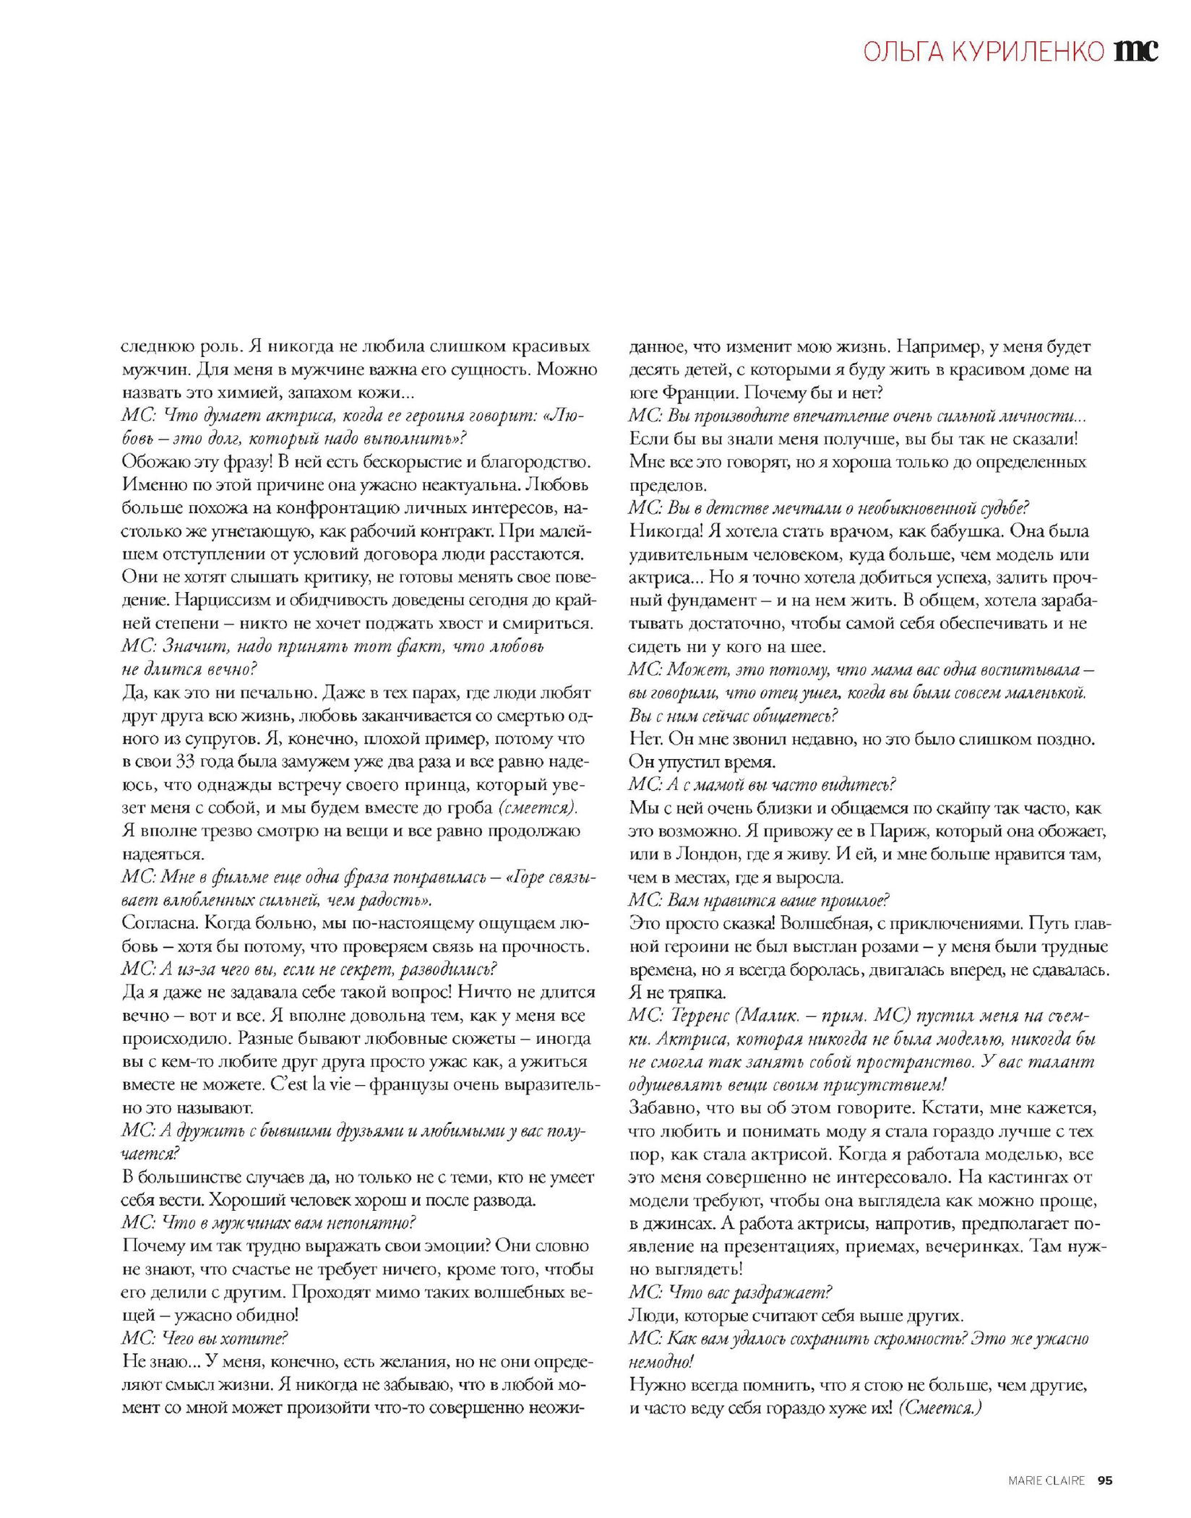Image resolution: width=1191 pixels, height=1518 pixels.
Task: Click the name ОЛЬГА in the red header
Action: (x=895, y=51)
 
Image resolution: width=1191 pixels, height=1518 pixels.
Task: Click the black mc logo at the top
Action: (x=1137, y=50)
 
